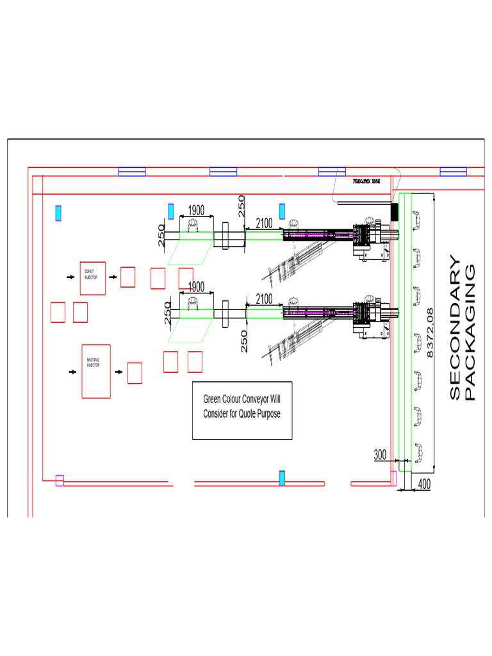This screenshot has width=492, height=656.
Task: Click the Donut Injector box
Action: click(92, 278)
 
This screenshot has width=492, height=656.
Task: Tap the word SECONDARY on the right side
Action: click(454, 328)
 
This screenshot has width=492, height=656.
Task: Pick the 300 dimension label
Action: click(380, 455)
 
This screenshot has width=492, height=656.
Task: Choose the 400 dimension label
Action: click(423, 485)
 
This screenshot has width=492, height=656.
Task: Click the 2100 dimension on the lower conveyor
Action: click(264, 299)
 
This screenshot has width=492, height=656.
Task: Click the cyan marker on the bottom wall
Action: click(282, 478)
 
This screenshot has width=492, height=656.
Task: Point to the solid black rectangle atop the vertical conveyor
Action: click(395, 211)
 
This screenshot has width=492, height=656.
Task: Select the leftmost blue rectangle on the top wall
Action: click(132, 171)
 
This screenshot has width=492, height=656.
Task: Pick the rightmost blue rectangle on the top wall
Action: click(453, 171)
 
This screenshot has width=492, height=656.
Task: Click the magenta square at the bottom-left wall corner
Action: click(60, 480)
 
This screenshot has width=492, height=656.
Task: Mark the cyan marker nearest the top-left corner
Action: click(58, 213)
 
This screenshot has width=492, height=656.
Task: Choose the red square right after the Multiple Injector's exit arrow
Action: click(135, 373)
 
